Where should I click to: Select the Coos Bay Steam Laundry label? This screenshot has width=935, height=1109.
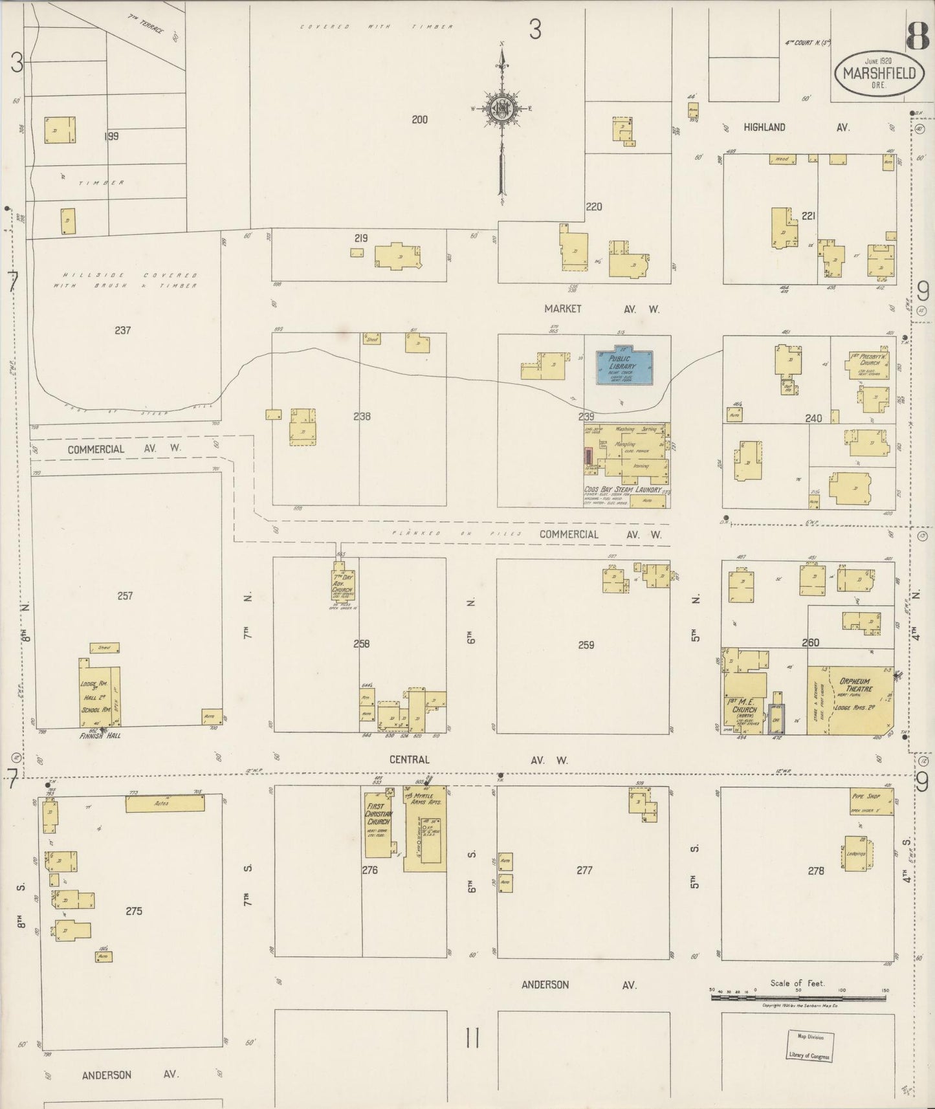622,490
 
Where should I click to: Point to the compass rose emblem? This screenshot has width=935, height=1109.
501,108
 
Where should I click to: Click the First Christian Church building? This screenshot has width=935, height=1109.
378,822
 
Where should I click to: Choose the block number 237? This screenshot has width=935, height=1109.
123,331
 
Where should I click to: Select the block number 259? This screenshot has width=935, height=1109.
586,644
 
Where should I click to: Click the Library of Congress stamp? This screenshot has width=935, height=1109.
809,1046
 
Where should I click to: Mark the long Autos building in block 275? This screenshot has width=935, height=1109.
165,804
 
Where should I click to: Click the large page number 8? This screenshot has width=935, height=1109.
918,37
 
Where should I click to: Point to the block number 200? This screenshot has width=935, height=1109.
419,120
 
